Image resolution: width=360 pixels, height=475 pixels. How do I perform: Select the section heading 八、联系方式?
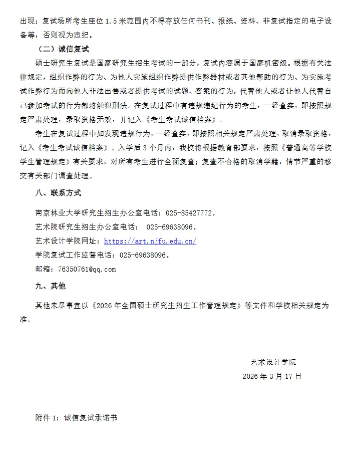[x=56, y=193]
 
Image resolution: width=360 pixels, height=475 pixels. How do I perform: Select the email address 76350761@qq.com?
[x=87, y=269]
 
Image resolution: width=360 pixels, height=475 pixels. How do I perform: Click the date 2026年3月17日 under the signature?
[x=272, y=376]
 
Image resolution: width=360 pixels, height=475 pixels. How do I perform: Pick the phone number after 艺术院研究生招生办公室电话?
[x=170, y=227]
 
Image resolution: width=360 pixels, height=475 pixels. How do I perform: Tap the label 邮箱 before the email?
[x=43, y=269]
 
